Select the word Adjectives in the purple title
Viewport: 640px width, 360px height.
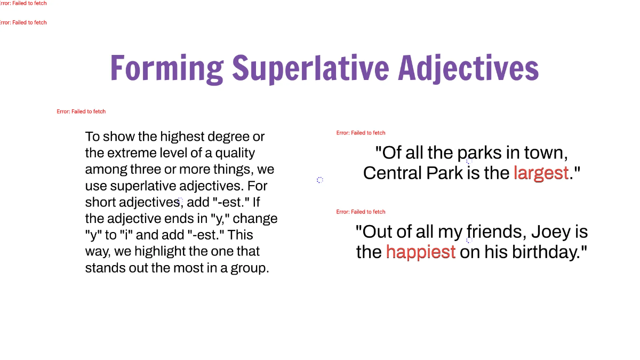pyautogui.click(x=468, y=69)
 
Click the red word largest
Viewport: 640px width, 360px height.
pyautogui.click(x=541, y=173)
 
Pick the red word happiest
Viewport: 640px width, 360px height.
pyautogui.click(x=420, y=252)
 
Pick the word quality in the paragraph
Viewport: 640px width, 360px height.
pyautogui.click(x=235, y=153)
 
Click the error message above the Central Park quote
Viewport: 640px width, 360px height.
pyautogui.click(x=361, y=133)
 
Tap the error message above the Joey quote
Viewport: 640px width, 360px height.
pyautogui.click(x=361, y=212)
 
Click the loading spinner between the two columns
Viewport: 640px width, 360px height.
pyautogui.click(x=320, y=180)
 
